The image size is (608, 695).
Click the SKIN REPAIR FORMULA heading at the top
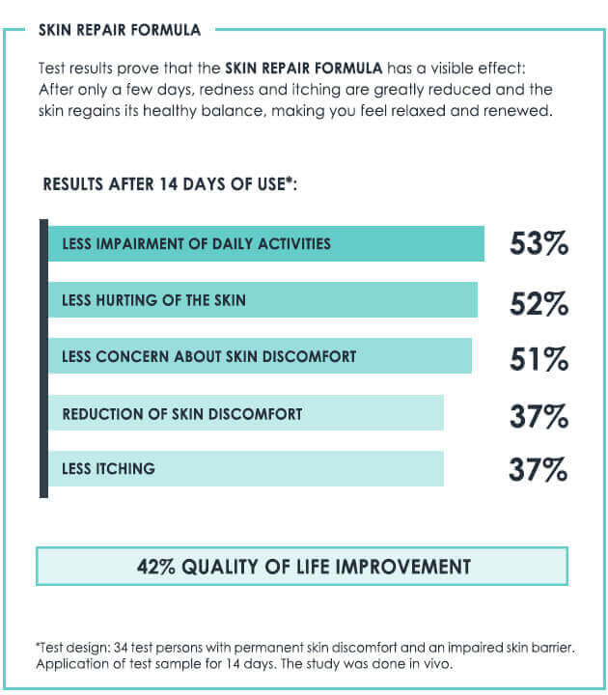tap(120, 30)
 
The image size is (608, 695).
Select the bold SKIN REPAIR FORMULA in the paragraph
tap(304, 69)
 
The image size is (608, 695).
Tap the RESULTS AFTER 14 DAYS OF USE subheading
tap(169, 184)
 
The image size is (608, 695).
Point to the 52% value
tap(539, 303)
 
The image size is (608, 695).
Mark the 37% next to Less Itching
tap(539, 470)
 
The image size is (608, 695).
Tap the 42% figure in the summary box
tap(157, 567)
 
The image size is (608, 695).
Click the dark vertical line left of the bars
tap(43, 357)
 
